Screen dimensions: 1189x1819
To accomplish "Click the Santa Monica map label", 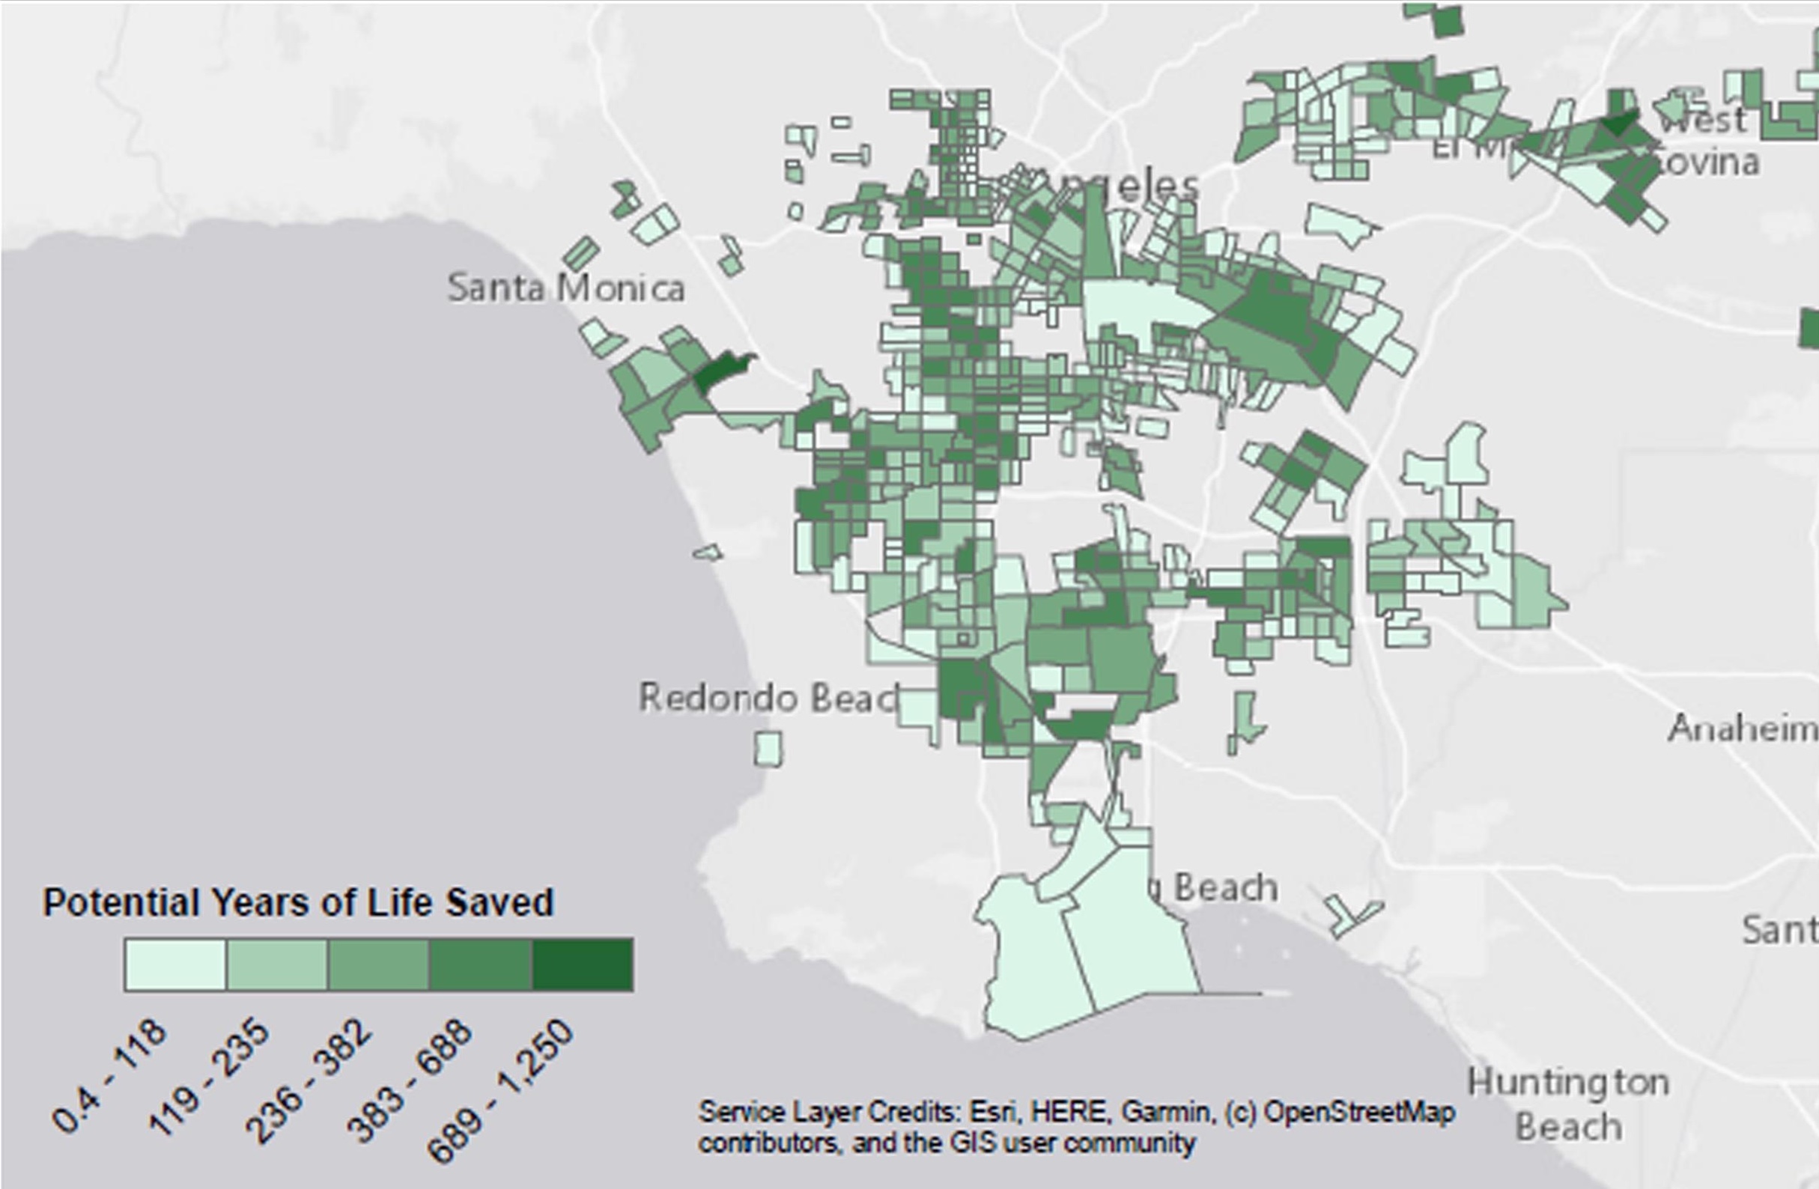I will pos(565,288).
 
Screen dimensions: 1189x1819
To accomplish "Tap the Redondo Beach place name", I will pos(768,698).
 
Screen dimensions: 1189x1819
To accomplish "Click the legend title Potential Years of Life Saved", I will pos(298,902).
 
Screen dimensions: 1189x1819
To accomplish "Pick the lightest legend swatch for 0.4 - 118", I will pos(175,965).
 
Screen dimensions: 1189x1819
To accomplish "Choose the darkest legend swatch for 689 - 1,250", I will pos(583,965).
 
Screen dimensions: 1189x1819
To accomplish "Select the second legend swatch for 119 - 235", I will pos(276,965).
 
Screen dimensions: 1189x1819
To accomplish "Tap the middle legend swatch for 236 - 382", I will pos(378,965).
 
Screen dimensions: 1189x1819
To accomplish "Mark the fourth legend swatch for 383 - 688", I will pos(480,965).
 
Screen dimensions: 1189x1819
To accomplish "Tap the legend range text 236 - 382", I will pos(309,1082).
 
